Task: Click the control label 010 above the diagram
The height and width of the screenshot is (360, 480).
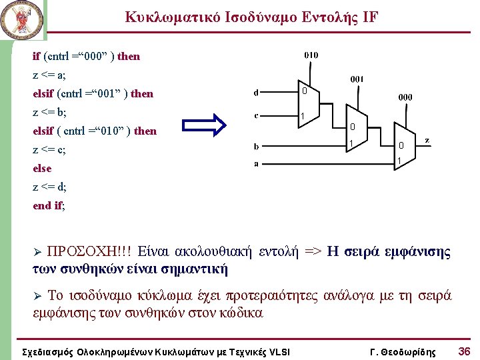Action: tap(311, 55)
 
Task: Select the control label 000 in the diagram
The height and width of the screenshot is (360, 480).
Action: tap(405, 97)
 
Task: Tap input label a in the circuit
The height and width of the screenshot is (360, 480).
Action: tap(257, 163)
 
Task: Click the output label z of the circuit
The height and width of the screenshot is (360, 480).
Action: tap(427, 141)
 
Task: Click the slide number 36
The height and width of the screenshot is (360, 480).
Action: tap(464, 351)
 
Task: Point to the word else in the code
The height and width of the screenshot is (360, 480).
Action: tap(42, 168)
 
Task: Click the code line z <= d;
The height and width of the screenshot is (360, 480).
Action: tap(49, 187)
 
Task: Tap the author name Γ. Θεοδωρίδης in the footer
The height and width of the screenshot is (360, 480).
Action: tap(402, 351)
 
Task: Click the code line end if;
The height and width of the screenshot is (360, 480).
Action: tap(49, 205)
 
